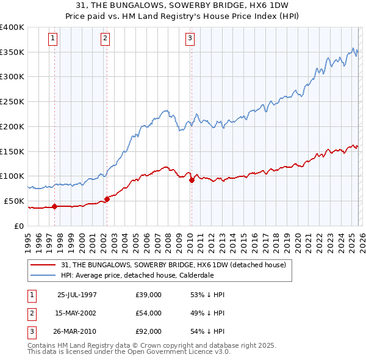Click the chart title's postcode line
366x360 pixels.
[x=183, y=5]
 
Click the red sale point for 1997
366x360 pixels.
[x=55, y=206]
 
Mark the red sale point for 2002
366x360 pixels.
[x=107, y=199]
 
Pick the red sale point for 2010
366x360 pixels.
[x=192, y=180]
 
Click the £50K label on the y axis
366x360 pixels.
[x=15, y=201]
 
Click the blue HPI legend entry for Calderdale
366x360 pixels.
[x=137, y=275]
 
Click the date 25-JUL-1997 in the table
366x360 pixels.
[x=77, y=295]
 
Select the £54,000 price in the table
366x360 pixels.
[x=149, y=313]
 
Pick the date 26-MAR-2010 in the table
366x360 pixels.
[x=77, y=331]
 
